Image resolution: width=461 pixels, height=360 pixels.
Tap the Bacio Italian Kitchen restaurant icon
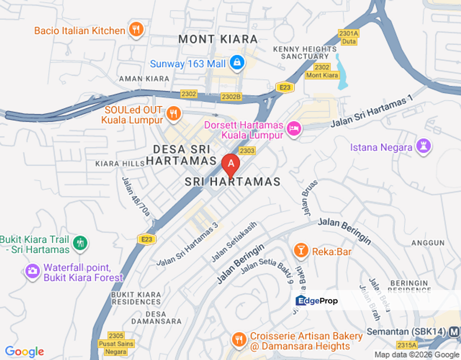(136, 30)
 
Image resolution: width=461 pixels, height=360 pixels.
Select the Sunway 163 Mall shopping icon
(236, 63)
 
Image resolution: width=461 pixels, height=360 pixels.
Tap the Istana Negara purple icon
(424, 146)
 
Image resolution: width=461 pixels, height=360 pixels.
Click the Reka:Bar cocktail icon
(300, 251)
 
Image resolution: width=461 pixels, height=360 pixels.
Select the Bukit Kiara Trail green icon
(80, 243)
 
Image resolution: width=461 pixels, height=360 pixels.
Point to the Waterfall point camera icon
(32, 271)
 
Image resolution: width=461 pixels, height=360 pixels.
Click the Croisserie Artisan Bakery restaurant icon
(239, 340)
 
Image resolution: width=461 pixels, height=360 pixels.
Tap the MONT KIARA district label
(218, 39)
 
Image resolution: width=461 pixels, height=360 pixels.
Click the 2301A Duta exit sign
(348, 37)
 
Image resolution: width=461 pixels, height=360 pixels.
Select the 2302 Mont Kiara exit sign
(322, 71)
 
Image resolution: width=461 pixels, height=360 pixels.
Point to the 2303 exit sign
(247, 150)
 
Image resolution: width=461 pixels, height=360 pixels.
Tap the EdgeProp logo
(317, 300)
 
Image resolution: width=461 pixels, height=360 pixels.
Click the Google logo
(24, 351)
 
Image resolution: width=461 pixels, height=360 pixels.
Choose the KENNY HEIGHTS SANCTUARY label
(305, 52)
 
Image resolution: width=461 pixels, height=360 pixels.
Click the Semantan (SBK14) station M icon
(454, 331)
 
